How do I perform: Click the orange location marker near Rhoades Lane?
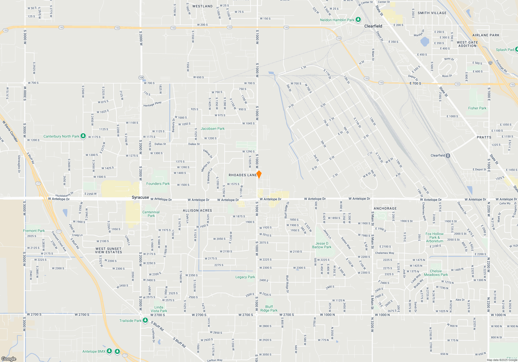259,174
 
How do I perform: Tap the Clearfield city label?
373,26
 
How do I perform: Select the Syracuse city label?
140,197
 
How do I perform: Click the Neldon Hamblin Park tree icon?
358,20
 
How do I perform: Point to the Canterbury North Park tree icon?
83,136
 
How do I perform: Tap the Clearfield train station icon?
448,155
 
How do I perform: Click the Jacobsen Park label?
213,129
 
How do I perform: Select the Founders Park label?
158,184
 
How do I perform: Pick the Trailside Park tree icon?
145,320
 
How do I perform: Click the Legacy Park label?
245,277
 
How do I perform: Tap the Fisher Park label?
477,108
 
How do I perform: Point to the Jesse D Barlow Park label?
322,245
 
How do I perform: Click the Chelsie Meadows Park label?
436,273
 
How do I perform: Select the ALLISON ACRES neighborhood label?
197,210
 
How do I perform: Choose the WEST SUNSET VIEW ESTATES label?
109,250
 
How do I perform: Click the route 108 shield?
141,78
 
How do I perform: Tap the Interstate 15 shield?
490,63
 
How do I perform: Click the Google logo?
9,359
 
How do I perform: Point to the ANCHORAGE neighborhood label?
385,208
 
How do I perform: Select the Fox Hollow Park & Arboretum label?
434,237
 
